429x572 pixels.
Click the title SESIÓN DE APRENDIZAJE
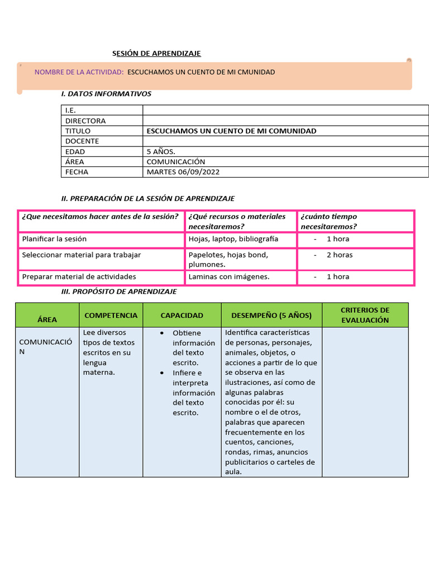pyautogui.click(x=156, y=53)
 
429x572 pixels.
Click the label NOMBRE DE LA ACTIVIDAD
pyautogui.click(x=79, y=72)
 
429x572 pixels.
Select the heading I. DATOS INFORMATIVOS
pyautogui.click(x=106, y=94)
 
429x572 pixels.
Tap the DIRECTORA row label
pyautogui.click(x=85, y=121)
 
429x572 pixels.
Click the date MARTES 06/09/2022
pyautogui.click(x=183, y=172)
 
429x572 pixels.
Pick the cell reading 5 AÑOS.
pyautogui.click(x=161, y=151)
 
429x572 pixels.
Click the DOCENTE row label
pyautogui.click(x=82, y=141)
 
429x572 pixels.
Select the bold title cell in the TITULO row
pyautogui.click(x=231, y=131)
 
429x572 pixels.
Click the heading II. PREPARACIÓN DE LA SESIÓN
pyautogui.click(x=147, y=198)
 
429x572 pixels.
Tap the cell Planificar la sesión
pyautogui.click(x=54, y=239)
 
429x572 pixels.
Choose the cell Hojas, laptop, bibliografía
pyautogui.click(x=233, y=239)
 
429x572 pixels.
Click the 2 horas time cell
pyautogui.click(x=339, y=255)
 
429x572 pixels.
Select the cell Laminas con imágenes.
pyautogui.click(x=229, y=277)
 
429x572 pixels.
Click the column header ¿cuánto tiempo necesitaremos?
pyautogui.click(x=329, y=221)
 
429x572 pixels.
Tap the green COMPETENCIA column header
pyautogui.click(x=111, y=315)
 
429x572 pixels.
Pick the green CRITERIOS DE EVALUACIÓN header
pyautogui.click(x=365, y=315)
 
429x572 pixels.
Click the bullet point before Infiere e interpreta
pyautogui.click(x=161, y=373)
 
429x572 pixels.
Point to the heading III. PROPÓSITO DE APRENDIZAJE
pyautogui.click(x=118, y=292)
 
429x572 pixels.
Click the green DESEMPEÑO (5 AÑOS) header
pyautogui.click(x=271, y=315)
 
